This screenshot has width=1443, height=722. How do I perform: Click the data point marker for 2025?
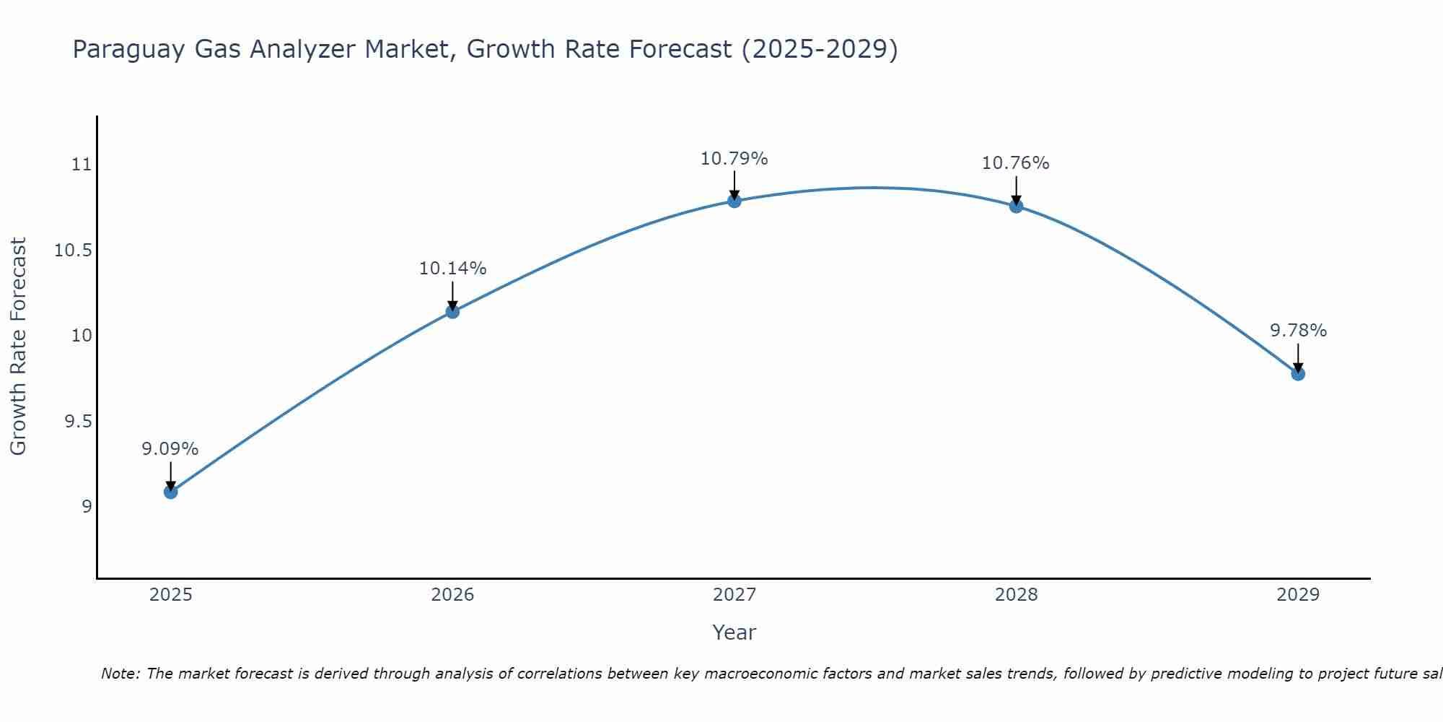point(171,492)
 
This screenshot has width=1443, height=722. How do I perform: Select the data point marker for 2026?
point(452,312)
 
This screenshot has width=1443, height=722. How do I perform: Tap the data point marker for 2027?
point(734,201)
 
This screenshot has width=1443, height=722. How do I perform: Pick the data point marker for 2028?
point(1016,206)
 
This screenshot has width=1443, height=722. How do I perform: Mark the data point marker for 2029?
point(1298,374)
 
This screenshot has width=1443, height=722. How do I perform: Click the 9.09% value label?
point(170,449)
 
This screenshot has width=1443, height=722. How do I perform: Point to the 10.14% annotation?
point(452,269)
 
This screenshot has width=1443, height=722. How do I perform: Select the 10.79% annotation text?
point(734,159)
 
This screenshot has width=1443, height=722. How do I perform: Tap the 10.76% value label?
point(1016,163)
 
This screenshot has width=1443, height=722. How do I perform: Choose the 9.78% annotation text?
point(1298,331)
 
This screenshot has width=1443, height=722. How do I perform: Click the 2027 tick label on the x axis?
point(734,595)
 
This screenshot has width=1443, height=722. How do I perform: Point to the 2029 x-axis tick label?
point(1298,595)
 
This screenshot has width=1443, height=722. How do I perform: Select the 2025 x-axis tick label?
point(171,595)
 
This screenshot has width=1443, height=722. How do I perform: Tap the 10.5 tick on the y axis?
point(74,251)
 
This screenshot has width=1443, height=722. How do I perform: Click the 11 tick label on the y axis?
point(82,165)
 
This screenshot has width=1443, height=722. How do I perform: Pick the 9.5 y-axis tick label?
point(79,422)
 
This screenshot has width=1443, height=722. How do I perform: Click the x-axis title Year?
point(734,632)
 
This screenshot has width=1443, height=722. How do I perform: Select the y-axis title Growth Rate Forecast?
point(19,346)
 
